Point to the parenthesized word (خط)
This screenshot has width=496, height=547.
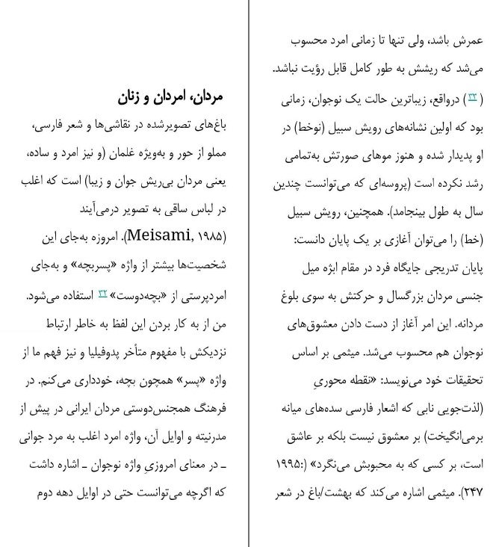tap(474, 241)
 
